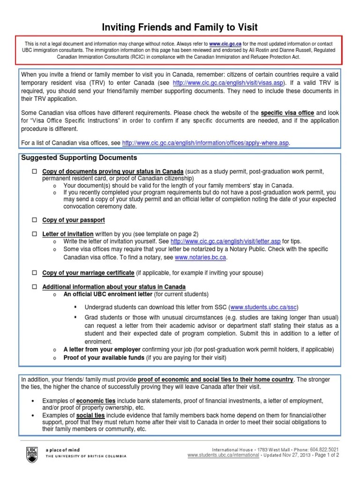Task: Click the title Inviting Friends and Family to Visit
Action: tap(180, 27)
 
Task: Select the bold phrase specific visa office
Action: tap(287, 113)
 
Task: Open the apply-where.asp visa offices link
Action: tap(206, 143)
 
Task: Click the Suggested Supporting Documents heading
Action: tap(79, 157)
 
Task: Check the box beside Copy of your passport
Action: tap(34, 220)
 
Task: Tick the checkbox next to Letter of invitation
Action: tap(34, 233)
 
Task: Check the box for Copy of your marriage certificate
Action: tap(34, 272)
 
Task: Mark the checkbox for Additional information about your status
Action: tap(34, 286)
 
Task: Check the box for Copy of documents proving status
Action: tap(34, 171)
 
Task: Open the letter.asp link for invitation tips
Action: tap(227, 241)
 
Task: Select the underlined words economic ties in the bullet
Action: tap(96, 401)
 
